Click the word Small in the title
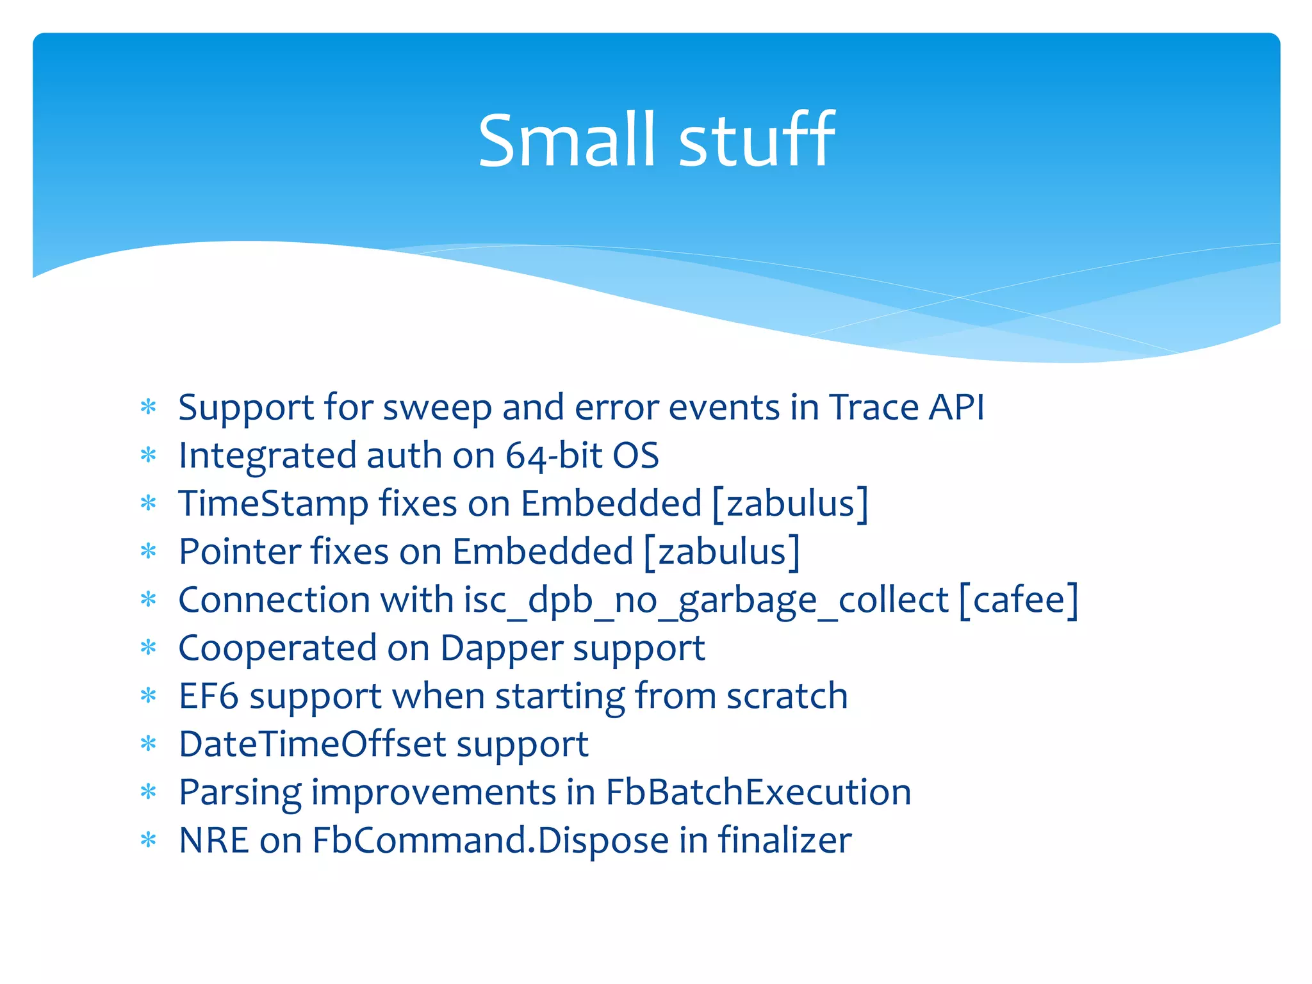(x=567, y=141)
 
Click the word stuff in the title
(x=756, y=141)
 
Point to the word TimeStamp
(x=273, y=504)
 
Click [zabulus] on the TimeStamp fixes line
(x=791, y=504)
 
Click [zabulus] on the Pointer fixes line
(x=722, y=552)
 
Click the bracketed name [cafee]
(x=1019, y=600)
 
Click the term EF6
(x=208, y=696)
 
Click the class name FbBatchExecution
(x=758, y=792)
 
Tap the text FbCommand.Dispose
(x=490, y=840)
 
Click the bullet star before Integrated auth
(x=149, y=456)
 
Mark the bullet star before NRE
(x=149, y=840)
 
